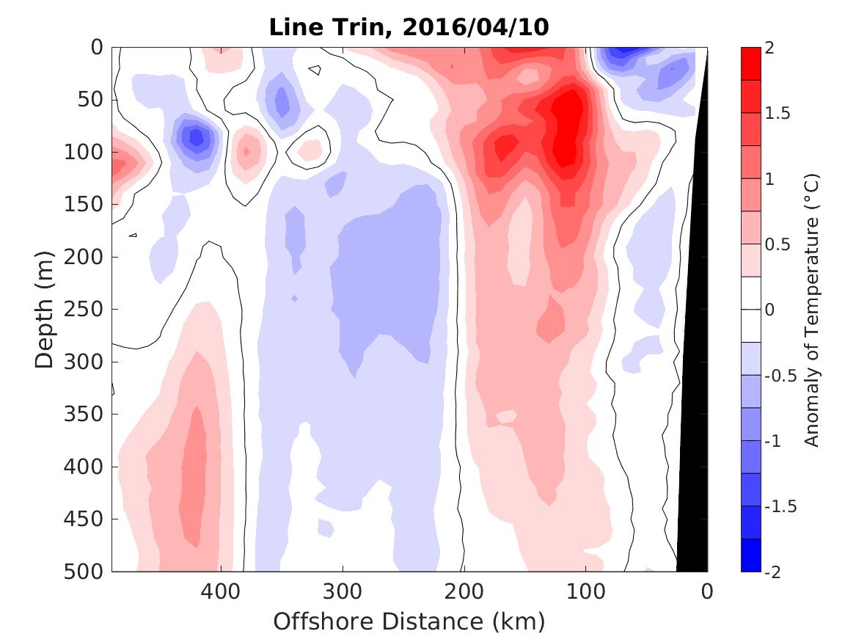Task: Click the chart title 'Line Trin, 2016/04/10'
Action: coord(409,27)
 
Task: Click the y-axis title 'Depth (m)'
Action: coord(45,308)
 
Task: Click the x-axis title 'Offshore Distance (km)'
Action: coord(409,621)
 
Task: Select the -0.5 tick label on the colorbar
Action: coord(780,376)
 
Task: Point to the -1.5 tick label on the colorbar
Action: coord(780,507)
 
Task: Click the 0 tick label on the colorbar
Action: coord(771,310)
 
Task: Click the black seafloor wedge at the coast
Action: coord(694,440)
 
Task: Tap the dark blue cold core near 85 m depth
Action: coord(195,136)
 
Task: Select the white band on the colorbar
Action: coord(751,310)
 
